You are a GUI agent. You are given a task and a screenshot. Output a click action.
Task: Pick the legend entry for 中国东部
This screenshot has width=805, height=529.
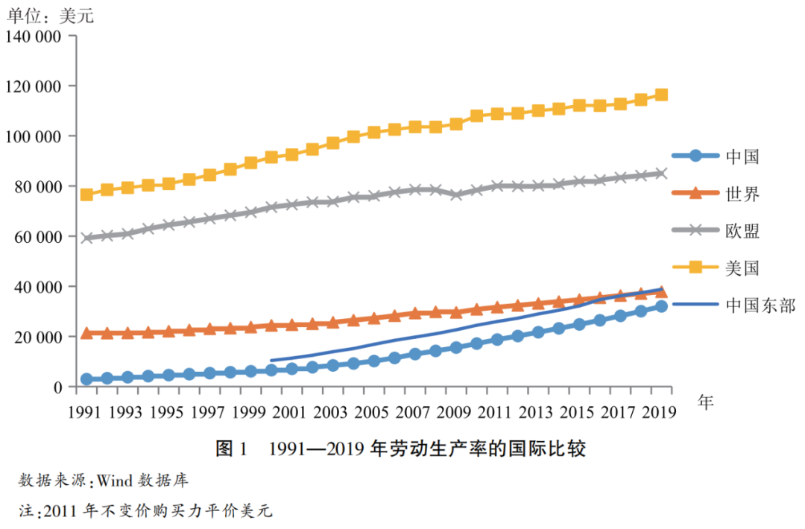coord(734,305)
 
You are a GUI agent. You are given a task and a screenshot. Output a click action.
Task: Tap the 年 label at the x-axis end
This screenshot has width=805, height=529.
coord(705,402)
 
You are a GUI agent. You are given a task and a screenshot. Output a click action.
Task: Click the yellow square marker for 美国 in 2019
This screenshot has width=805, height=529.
coord(661,95)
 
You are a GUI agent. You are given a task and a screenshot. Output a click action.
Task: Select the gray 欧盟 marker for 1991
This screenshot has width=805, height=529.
coord(87,238)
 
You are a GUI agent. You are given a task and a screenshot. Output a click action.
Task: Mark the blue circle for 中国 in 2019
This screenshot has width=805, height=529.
coord(661,306)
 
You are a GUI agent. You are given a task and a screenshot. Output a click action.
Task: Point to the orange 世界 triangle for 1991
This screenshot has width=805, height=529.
coord(87,333)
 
